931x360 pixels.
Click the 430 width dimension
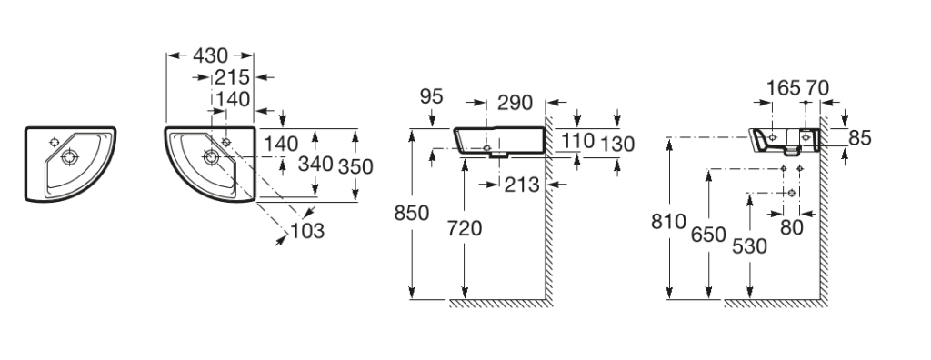tap(210, 55)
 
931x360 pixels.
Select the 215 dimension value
tap(232, 77)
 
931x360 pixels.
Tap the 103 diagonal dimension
tap(307, 231)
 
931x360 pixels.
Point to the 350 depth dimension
tap(355, 167)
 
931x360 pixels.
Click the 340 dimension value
tap(315, 164)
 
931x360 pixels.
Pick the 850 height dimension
tap(412, 213)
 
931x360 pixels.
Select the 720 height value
tap(465, 228)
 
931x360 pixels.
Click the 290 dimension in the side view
tap(515, 103)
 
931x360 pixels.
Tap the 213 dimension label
tap(522, 185)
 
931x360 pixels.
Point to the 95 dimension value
tap(432, 96)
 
